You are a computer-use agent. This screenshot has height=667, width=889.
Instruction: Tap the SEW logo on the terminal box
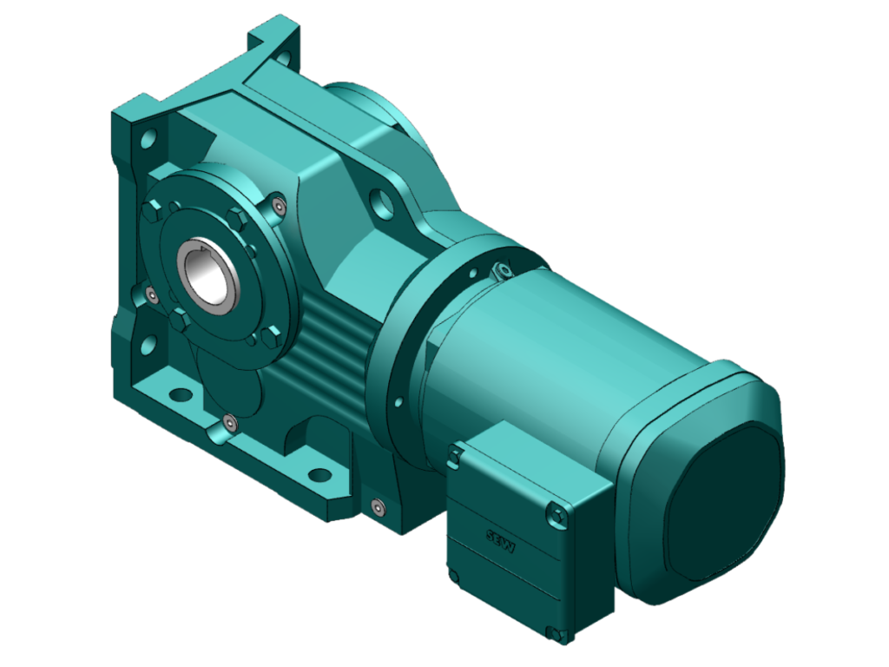coord(501,538)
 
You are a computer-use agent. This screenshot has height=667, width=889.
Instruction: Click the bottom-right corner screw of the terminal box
coord(550,631)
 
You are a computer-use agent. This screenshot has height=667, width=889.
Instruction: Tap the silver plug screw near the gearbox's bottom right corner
coord(376,506)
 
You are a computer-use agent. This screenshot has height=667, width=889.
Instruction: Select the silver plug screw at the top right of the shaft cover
coord(276,206)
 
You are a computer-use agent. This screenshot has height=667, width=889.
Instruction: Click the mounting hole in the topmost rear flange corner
coord(281,56)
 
